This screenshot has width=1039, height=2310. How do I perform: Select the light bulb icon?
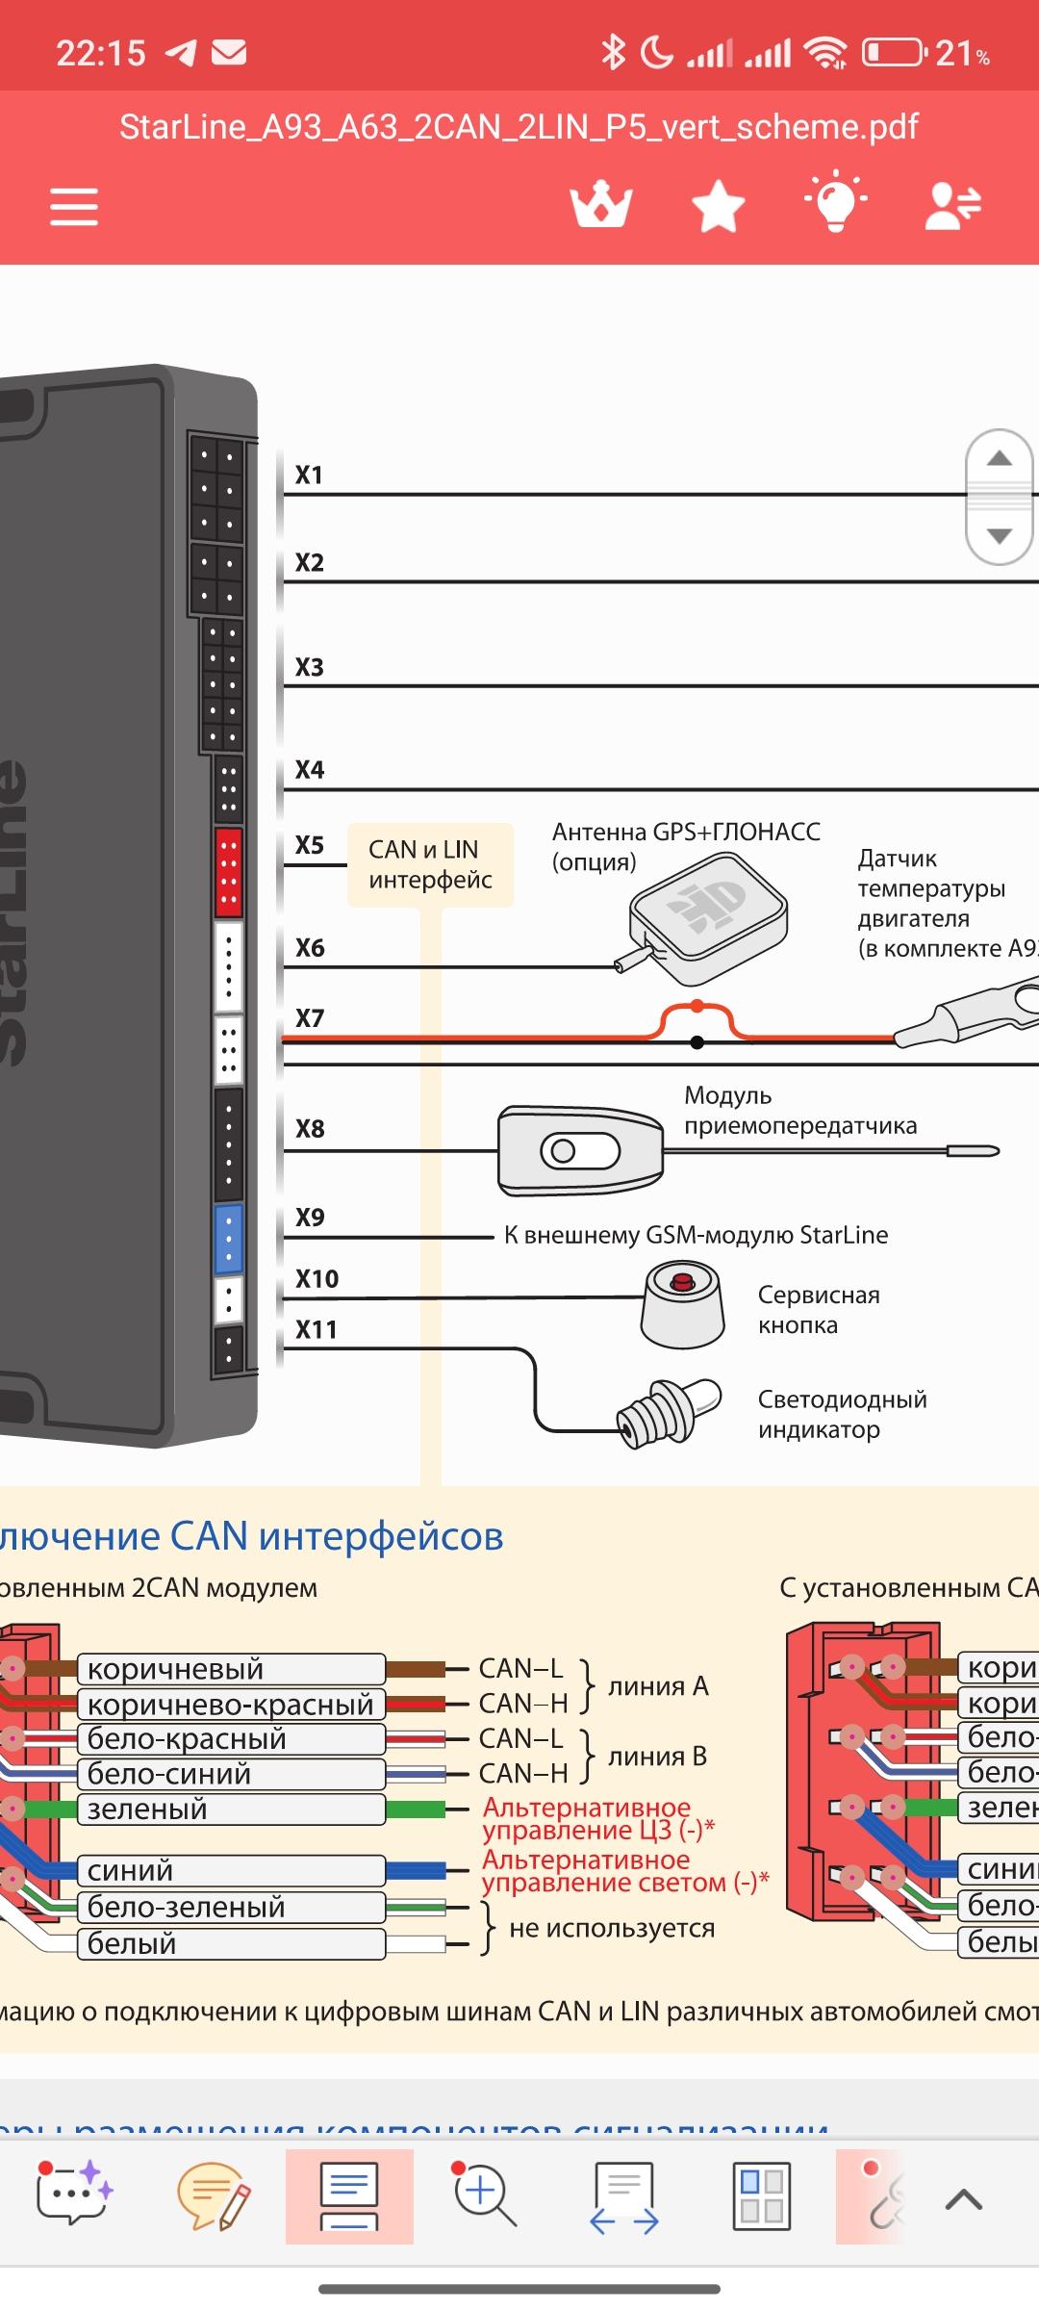[x=835, y=202]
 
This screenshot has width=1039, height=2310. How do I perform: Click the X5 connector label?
[x=310, y=845]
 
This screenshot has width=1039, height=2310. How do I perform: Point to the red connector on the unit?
[x=228, y=871]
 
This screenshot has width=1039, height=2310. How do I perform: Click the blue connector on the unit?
[x=228, y=1239]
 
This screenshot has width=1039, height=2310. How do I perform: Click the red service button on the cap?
[x=683, y=1282]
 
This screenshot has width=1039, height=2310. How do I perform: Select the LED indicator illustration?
[x=671, y=1412]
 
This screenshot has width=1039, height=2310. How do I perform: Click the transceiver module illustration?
[x=580, y=1150]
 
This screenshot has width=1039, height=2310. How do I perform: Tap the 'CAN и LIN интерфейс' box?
[x=430, y=864]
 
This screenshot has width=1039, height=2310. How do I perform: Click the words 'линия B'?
[x=658, y=1757]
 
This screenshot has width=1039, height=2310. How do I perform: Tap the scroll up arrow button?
[x=1000, y=459]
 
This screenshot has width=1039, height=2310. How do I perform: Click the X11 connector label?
[x=317, y=1330]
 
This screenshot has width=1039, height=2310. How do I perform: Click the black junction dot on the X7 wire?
[x=697, y=1042]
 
